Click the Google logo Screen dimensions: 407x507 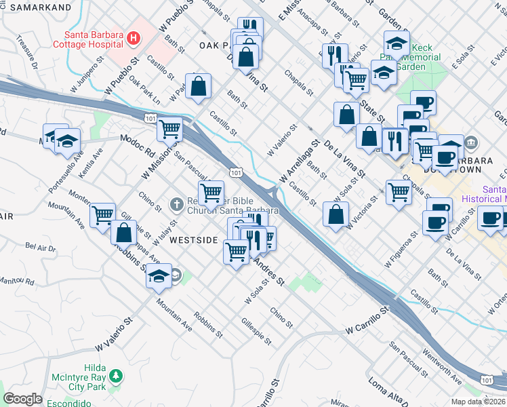click(22, 399)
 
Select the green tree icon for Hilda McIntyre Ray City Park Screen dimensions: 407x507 click(116, 375)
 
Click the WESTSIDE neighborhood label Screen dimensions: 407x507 click(193, 240)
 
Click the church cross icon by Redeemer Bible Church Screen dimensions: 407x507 click(176, 203)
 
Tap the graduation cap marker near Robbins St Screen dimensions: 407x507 click(159, 277)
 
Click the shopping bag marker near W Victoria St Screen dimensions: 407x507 click(336, 214)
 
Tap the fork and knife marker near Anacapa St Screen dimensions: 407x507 click(334, 56)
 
